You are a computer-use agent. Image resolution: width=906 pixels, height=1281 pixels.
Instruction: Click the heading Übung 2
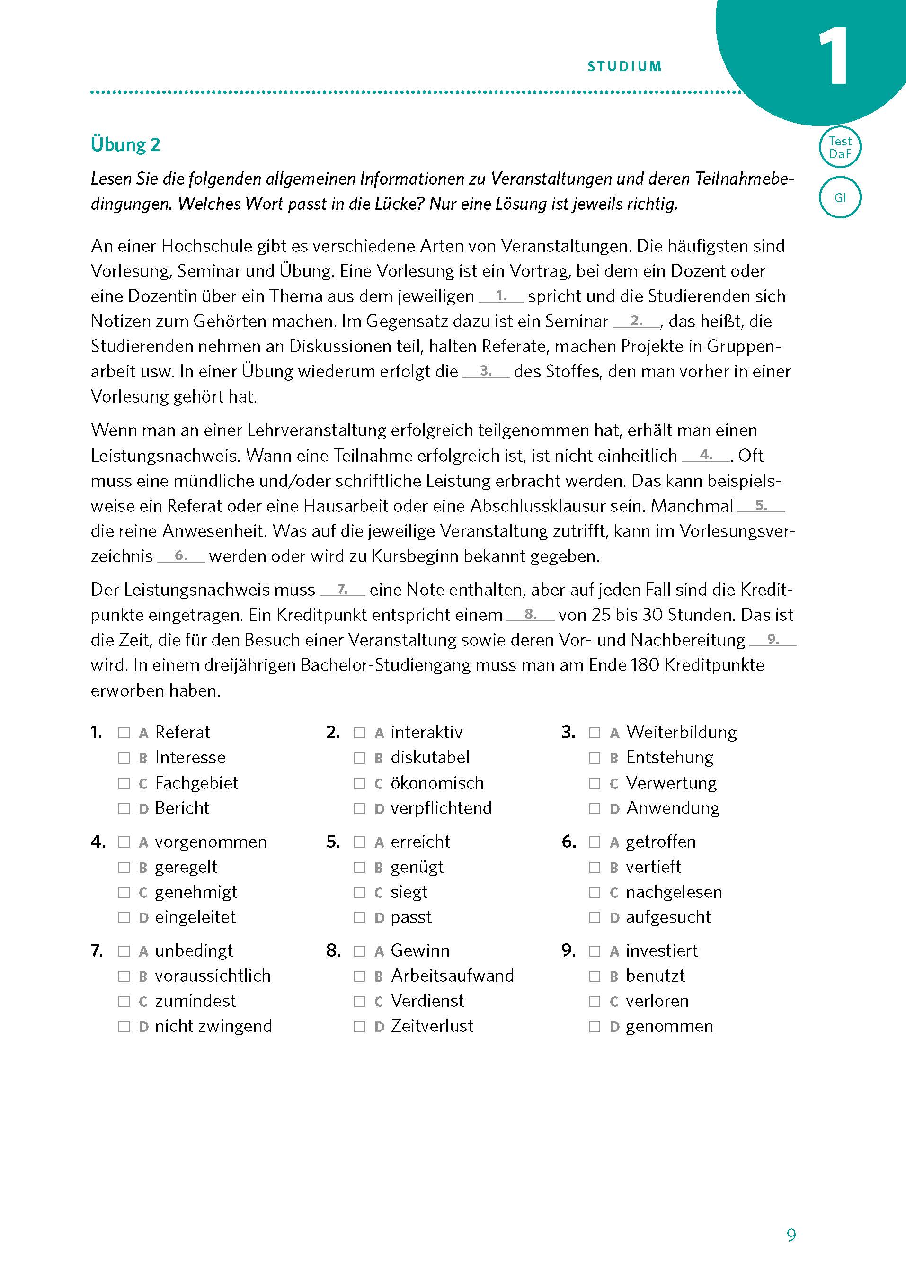click(125, 144)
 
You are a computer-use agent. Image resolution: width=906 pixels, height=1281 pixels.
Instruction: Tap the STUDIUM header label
click(624, 66)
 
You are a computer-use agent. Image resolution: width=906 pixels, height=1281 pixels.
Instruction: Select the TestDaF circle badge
click(840, 147)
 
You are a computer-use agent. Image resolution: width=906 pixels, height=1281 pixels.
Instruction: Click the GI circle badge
click(840, 197)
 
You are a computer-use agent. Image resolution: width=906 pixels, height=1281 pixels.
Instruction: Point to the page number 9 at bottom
click(791, 1235)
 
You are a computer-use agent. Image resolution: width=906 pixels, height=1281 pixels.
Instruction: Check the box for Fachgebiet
click(124, 783)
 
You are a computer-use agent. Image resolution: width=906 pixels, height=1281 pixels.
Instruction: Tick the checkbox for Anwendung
click(595, 808)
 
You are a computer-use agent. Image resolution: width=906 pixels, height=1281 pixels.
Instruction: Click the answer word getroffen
click(660, 841)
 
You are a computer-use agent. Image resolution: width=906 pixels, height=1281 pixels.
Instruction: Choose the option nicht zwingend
click(213, 1026)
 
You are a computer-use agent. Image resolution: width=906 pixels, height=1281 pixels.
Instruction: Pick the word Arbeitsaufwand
click(452, 976)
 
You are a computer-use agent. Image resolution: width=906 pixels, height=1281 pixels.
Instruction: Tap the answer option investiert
click(661, 950)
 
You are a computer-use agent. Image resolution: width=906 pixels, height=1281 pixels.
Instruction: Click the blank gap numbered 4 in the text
click(706, 456)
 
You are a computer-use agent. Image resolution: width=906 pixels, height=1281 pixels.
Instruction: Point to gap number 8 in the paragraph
click(530, 615)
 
